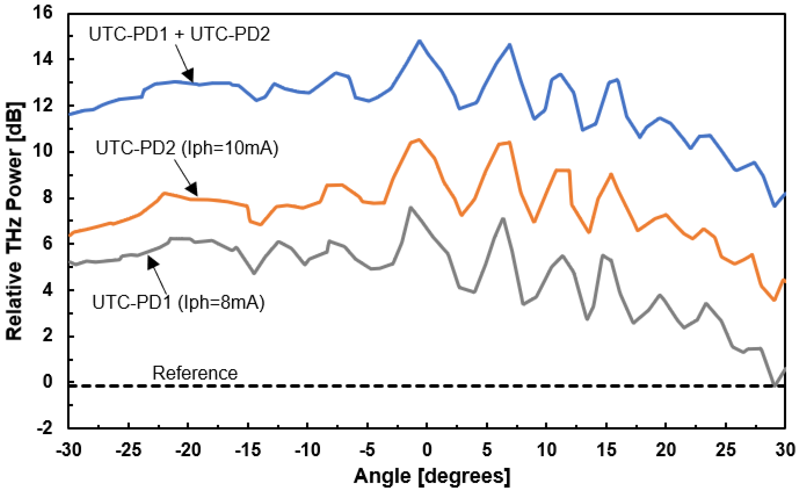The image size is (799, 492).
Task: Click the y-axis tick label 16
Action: click(x=44, y=13)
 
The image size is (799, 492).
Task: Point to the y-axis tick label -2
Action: click(x=44, y=428)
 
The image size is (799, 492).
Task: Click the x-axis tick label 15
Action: click(x=606, y=450)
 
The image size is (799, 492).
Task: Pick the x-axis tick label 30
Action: click(x=785, y=450)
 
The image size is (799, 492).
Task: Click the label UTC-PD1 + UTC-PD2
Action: click(x=179, y=34)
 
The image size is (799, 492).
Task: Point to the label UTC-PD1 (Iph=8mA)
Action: click(x=178, y=302)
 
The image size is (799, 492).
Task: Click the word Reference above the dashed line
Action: click(x=195, y=373)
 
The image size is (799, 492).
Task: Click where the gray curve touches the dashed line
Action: click(x=775, y=386)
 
